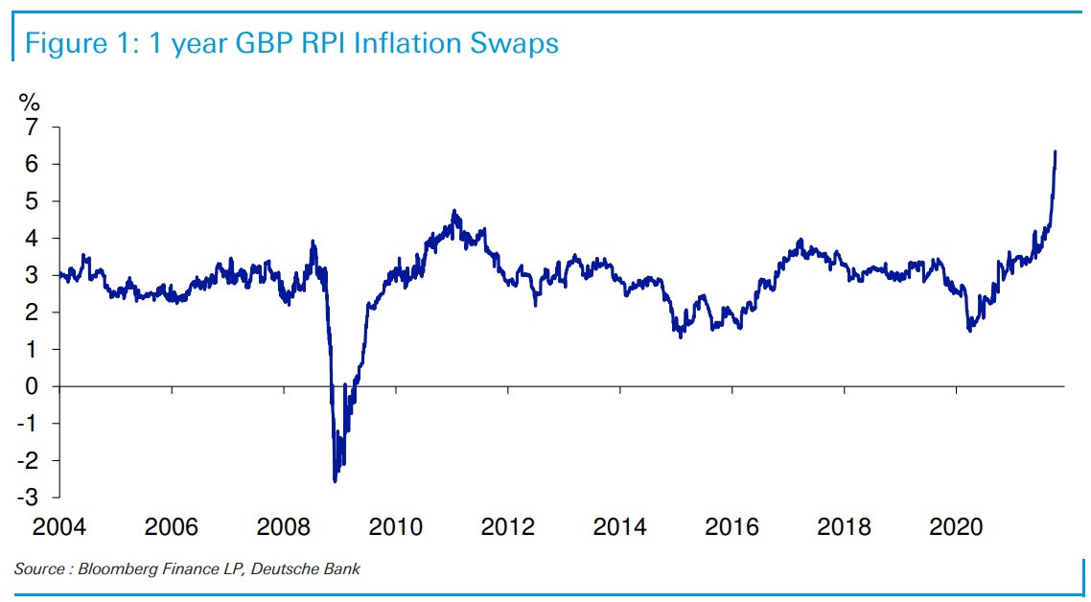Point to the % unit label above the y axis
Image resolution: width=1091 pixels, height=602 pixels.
30,103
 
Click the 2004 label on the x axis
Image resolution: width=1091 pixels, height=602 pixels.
59,526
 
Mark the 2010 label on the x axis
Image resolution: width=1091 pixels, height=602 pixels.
396,526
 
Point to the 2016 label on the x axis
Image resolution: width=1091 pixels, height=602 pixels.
732,526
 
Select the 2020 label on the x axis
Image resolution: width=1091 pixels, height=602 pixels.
957,526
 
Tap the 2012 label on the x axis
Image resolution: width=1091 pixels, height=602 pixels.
508,526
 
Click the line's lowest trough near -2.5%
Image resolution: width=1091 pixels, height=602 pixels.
335,480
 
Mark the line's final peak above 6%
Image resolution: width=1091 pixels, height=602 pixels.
1055,151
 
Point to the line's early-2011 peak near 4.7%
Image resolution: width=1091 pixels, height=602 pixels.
454,212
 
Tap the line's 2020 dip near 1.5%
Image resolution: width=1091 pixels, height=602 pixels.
969,330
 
